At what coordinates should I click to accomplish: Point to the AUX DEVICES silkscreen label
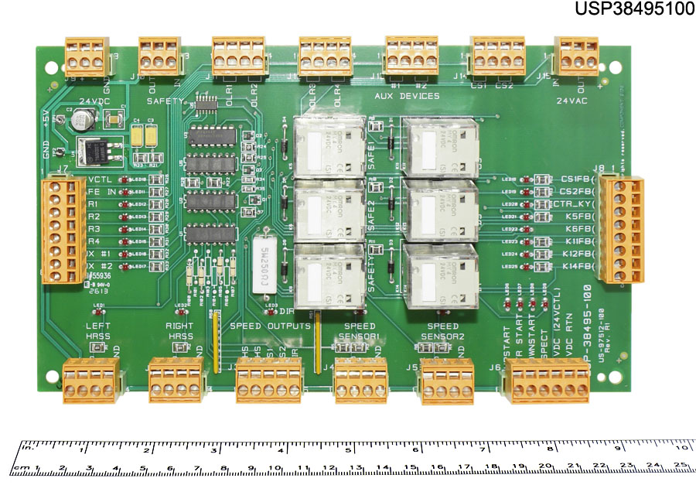pos(407,96)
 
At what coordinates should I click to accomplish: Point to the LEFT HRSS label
pos(99,332)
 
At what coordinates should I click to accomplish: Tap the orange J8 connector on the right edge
pos(623,231)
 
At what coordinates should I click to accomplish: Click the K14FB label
pos(576,267)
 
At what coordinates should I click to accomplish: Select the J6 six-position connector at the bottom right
pos(546,381)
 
